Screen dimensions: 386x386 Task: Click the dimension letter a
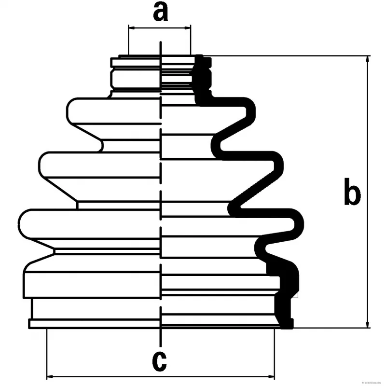pos(160,12)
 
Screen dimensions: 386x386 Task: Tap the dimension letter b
pos(352,192)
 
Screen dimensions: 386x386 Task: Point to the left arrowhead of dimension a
pos(131,28)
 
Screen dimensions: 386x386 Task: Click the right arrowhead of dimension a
pos(188,28)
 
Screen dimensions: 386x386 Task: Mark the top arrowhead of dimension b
pos(368,59)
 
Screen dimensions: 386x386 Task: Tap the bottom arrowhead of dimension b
pos(368,325)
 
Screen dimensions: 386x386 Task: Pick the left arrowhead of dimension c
pos(50,376)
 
